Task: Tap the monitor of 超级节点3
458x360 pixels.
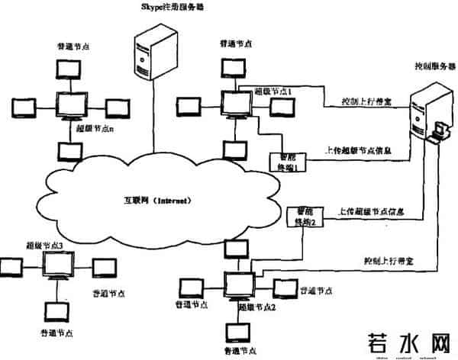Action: [x=57, y=265]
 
